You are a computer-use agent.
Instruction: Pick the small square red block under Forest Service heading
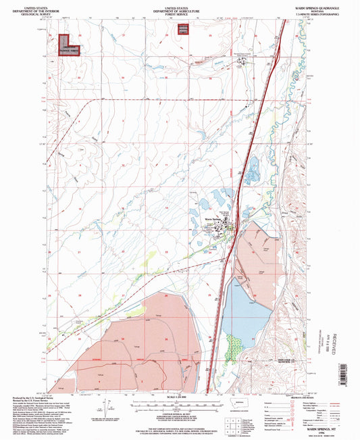click(182, 28)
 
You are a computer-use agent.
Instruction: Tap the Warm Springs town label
click(213, 219)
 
